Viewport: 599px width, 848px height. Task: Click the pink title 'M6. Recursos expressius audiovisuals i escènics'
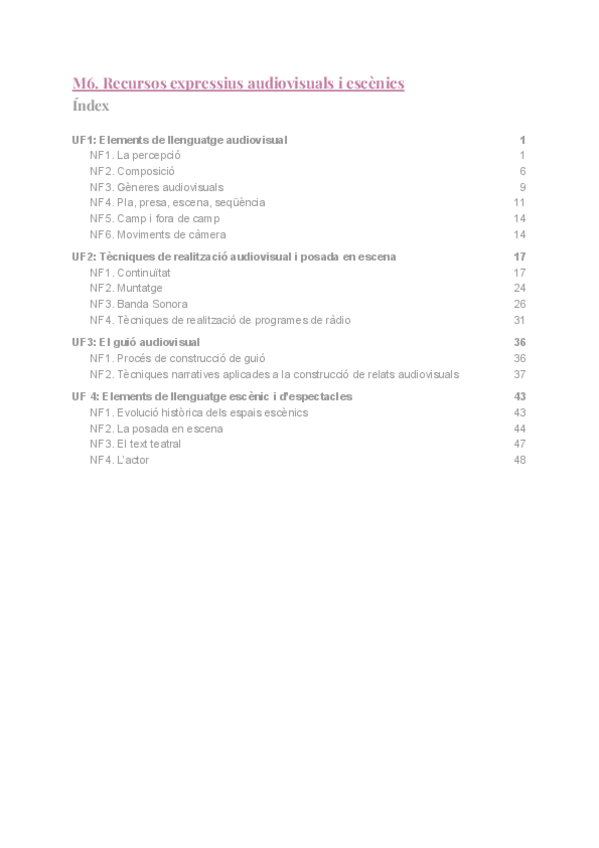coord(238,83)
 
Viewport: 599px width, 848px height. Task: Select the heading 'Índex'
coord(91,106)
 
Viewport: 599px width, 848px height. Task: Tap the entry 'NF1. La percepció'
coord(134,155)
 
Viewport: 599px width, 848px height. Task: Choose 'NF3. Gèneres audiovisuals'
coord(156,187)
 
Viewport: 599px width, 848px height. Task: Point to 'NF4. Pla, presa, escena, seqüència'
coord(177,202)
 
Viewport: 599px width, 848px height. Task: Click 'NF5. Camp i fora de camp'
coord(154,218)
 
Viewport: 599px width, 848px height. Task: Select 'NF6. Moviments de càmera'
coord(150,234)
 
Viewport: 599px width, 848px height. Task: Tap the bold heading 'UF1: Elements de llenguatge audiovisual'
coord(180,140)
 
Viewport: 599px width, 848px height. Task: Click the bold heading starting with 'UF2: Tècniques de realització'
coord(234,256)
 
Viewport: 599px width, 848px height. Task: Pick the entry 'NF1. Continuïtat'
coord(132,272)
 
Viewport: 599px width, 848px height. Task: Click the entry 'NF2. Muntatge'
coord(126,288)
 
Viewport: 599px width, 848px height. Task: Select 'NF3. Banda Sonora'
coord(138,303)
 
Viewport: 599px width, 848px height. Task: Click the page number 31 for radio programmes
coord(519,319)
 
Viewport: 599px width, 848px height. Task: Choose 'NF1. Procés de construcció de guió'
coord(177,358)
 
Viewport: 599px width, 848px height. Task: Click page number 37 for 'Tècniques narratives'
coord(519,374)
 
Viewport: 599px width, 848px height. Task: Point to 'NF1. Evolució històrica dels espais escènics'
coord(198,412)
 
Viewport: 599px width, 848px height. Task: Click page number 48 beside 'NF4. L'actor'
coord(519,459)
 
